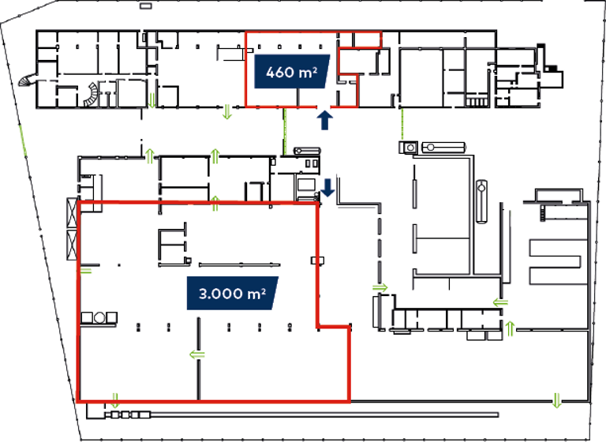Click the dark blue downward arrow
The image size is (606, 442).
(x=328, y=188)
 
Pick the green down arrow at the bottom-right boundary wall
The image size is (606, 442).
(x=557, y=398)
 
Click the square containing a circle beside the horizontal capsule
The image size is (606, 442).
(x=410, y=148)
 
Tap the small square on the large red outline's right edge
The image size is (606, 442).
(x=317, y=260)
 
